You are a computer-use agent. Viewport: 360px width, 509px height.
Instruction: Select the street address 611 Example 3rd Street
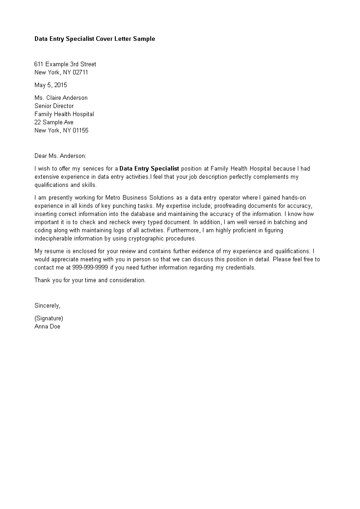65,64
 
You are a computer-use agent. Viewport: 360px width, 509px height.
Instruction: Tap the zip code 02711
80,73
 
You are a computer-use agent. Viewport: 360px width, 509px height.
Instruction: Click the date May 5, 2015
51,85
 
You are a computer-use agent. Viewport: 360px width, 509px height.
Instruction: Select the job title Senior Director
54,106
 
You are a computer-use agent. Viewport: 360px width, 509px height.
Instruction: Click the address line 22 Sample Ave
54,122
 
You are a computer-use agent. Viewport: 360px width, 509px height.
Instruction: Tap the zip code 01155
80,131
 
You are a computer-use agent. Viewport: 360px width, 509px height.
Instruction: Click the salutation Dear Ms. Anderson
60,156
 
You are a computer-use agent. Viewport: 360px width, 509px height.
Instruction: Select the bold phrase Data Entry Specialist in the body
149,169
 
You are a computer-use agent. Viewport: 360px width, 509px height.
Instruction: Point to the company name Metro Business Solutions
139,198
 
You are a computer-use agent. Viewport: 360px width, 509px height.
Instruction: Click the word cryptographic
141,239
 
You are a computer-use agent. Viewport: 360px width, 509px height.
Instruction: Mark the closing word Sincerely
47,306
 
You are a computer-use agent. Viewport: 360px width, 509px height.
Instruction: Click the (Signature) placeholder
49,318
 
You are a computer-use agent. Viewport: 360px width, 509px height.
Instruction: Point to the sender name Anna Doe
47,327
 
